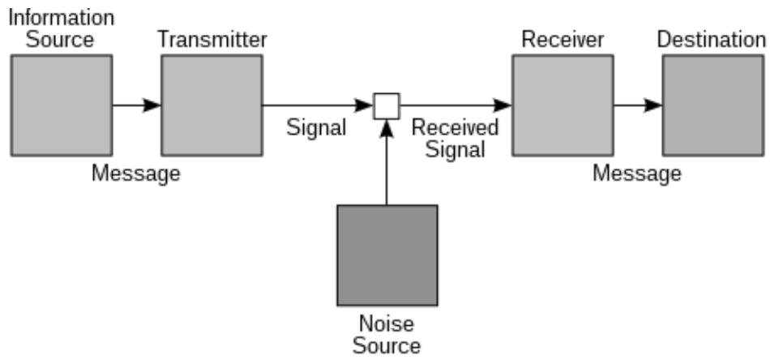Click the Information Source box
62,105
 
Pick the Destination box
712,105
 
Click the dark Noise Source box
387,255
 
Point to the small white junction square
387,105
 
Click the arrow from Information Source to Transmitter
137,105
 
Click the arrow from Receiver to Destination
638,105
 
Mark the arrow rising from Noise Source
387,162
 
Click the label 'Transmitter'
212,39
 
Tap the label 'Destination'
711,39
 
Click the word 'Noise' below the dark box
387,324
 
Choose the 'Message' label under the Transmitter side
136,174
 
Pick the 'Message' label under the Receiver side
637,174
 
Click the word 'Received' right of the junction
456,128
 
